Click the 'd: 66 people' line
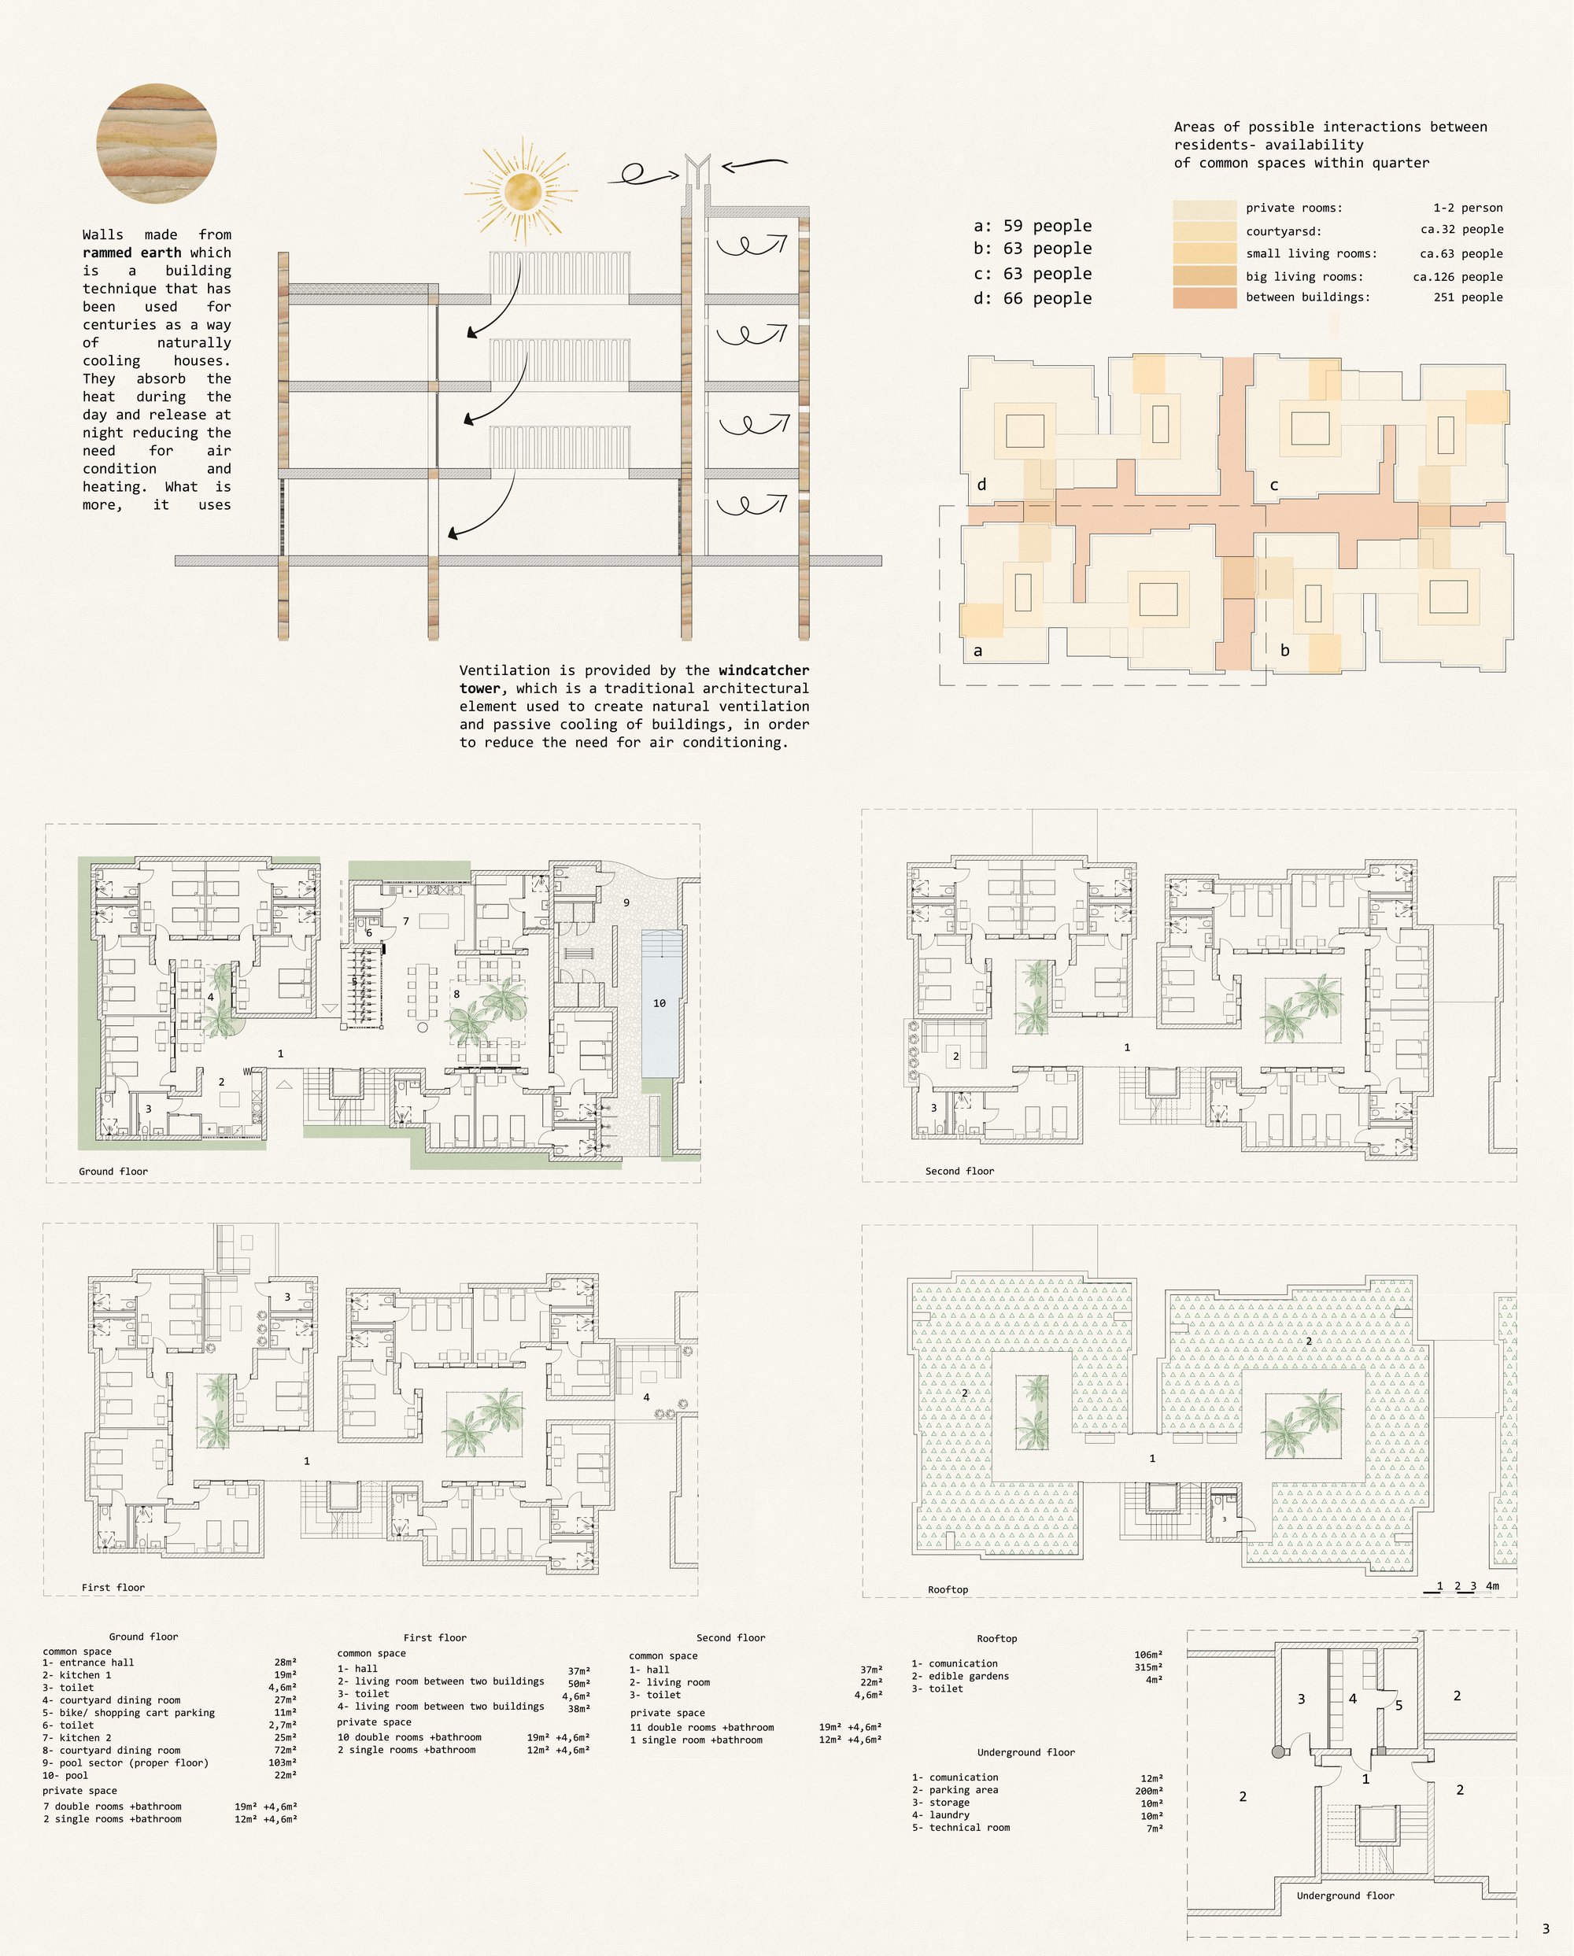pyautogui.click(x=1033, y=298)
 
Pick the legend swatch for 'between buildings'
pyautogui.click(x=1205, y=298)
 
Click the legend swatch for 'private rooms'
pyautogui.click(x=1205, y=209)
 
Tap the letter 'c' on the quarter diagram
pyautogui.click(x=1273, y=485)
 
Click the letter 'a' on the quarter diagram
pyautogui.click(x=978, y=651)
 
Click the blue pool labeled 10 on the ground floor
pyautogui.click(x=659, y=1003)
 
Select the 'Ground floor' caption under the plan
pyautogui.click(x=113, y=1172)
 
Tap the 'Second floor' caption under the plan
pyautogui.click(x=960, y=1172)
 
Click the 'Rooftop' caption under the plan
pyautogui.click(x=948, y=1589)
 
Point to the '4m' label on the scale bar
pyautogui.click(x=1492, y=1586)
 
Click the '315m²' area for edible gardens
pyautogui.click(x=1147, y=1667)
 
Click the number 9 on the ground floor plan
pyautogui.click(x=626, y=902)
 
